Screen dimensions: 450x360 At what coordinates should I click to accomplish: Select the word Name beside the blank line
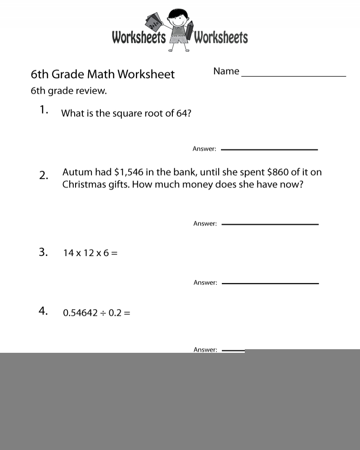click(x=226, y=71)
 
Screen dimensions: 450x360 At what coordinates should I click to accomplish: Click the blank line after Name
click(x=293, y=76)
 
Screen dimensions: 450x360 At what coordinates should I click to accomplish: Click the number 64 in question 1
click(x=182, y=113)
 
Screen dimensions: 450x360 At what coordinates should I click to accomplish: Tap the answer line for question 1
click(x=269, y=149)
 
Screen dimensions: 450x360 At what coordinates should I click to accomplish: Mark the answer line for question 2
click(x=270, y=224)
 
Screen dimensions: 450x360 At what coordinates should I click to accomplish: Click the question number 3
click(x=43, y=252)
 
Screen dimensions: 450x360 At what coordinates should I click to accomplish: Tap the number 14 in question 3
click(x=68, y=253)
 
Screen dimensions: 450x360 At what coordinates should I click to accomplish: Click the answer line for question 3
click(x=270, y=283)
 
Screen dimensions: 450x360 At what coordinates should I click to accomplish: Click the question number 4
click(x=43, y=311)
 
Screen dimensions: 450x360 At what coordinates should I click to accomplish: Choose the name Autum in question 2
click(x=77, y=172)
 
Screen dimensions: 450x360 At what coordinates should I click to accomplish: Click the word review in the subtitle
click(x=91, y=91)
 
